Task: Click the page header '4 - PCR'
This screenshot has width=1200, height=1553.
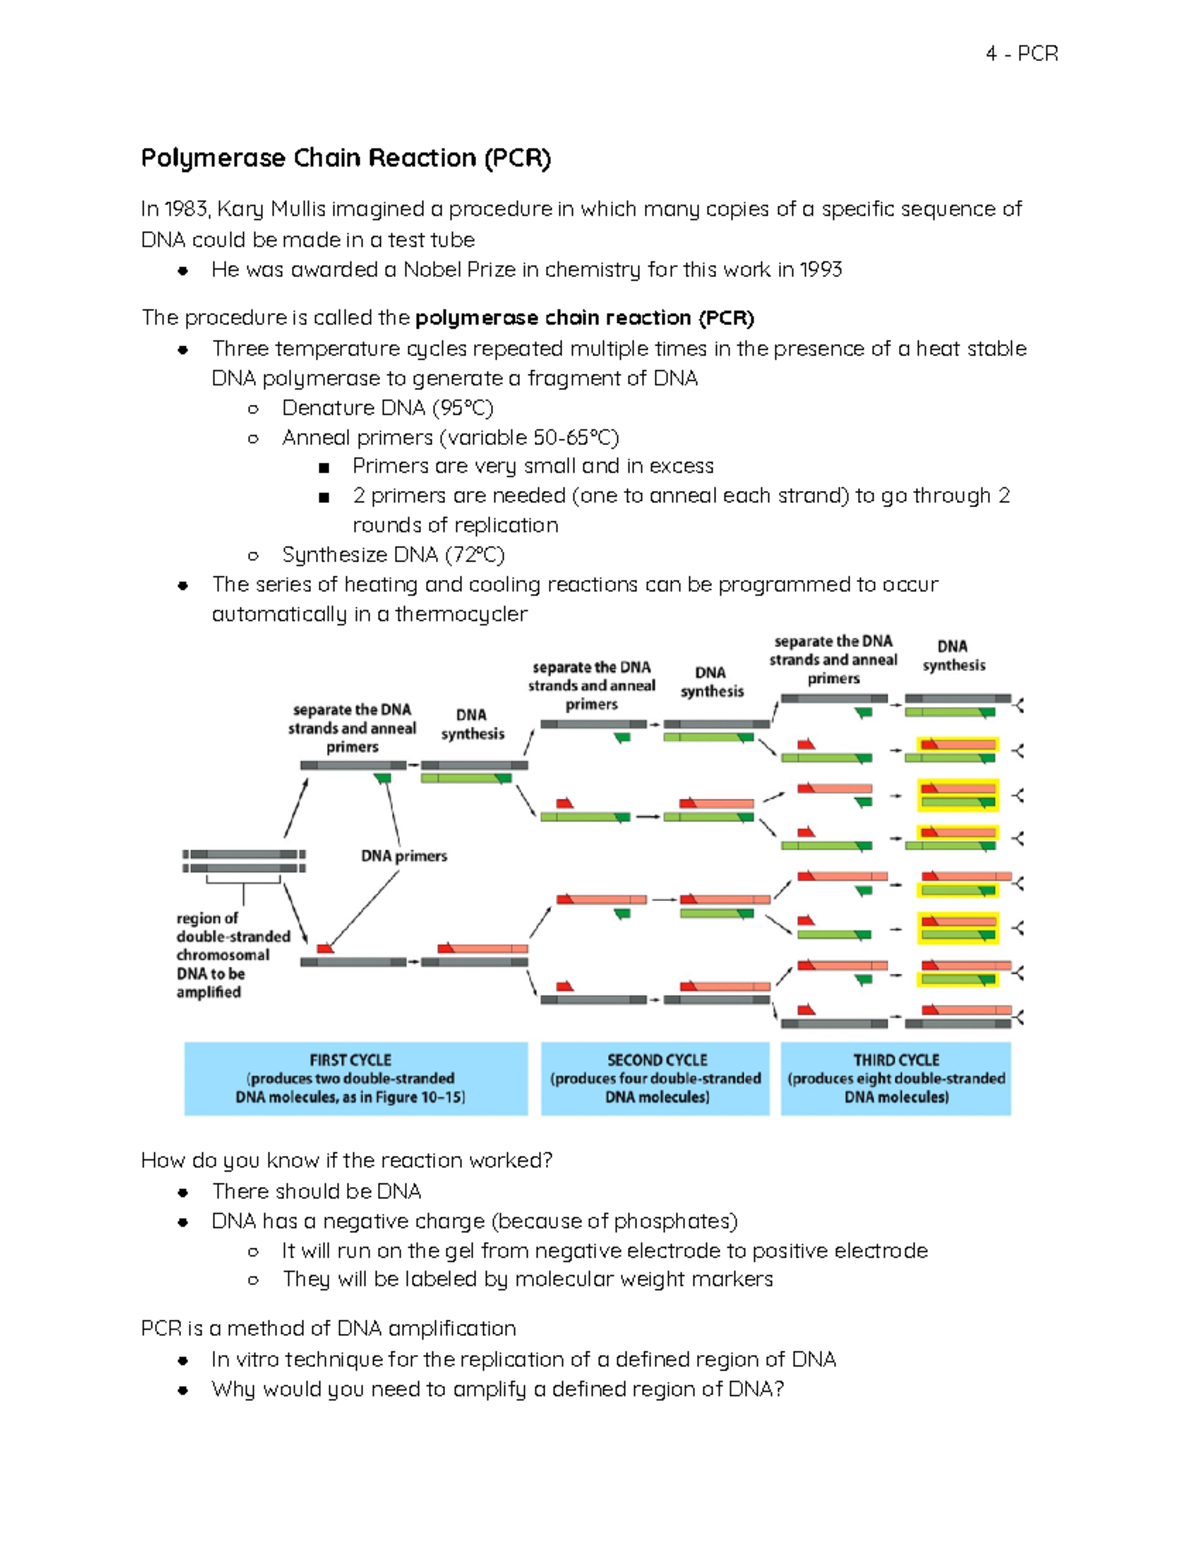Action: tap(1021, 54)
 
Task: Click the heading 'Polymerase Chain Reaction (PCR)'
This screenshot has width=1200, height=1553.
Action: tap(346, 158)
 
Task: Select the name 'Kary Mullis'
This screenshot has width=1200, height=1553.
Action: tap(271, 209)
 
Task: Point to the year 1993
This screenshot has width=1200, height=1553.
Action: tap(820, 270)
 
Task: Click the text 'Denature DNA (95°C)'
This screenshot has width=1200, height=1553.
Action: tap(388, 408)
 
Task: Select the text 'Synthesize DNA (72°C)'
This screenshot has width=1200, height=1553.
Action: tap(393, 555)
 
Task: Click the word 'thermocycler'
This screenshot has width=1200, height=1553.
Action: tap(461, 614)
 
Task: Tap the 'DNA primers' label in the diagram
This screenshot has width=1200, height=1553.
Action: tap(404, 856)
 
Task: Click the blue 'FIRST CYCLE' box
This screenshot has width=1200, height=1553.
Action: tap(355, 1078)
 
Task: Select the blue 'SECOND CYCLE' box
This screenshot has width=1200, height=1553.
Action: tap(655, 1078)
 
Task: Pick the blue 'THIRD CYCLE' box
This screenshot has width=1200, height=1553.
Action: tap(896, 1078)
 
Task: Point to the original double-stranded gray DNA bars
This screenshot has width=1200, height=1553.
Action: tap(244, 861)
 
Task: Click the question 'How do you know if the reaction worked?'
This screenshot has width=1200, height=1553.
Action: tap(347, 1160)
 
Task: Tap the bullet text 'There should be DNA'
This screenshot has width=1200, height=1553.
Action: tap(316, 1191)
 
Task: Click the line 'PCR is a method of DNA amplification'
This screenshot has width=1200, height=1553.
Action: tap(329, 1328)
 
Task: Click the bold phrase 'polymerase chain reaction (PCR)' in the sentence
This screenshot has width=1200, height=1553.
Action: tap(584, 318)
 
